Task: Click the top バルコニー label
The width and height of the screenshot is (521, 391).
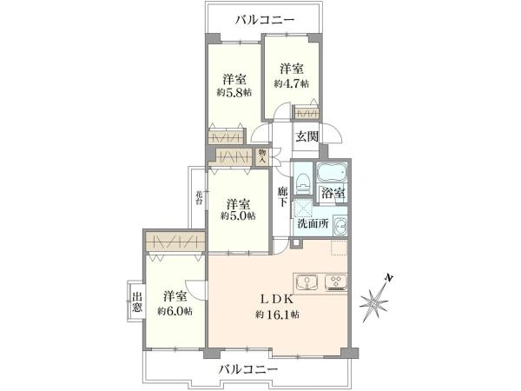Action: (265, 20)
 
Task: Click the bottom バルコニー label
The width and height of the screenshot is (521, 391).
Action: (248, 369)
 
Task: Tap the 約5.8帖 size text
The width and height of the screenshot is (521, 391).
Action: (234, 92)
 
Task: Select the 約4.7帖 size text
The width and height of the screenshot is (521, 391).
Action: (292, 83)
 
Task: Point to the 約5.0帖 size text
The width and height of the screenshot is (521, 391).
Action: (238, 215)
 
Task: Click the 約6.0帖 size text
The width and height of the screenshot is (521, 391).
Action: (175, 311)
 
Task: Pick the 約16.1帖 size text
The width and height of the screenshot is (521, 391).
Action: (277, 315)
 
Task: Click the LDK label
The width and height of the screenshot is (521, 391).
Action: (276, 300)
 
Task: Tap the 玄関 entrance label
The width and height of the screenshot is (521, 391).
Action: (307, 136)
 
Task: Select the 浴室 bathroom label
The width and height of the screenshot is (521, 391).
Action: (333, 194)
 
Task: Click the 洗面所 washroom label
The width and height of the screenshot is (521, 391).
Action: (313, 223)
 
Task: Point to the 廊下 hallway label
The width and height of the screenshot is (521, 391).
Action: (283, 196)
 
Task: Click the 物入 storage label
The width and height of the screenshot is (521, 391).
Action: (262, 156)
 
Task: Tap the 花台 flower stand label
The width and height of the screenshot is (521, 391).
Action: (199, 197)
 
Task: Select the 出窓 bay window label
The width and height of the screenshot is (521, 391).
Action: (137, 302)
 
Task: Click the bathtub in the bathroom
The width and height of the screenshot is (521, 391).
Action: (332, 174)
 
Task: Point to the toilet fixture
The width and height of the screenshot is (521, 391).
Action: (302, 182)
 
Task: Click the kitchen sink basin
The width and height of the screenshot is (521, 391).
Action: (307, 282)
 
